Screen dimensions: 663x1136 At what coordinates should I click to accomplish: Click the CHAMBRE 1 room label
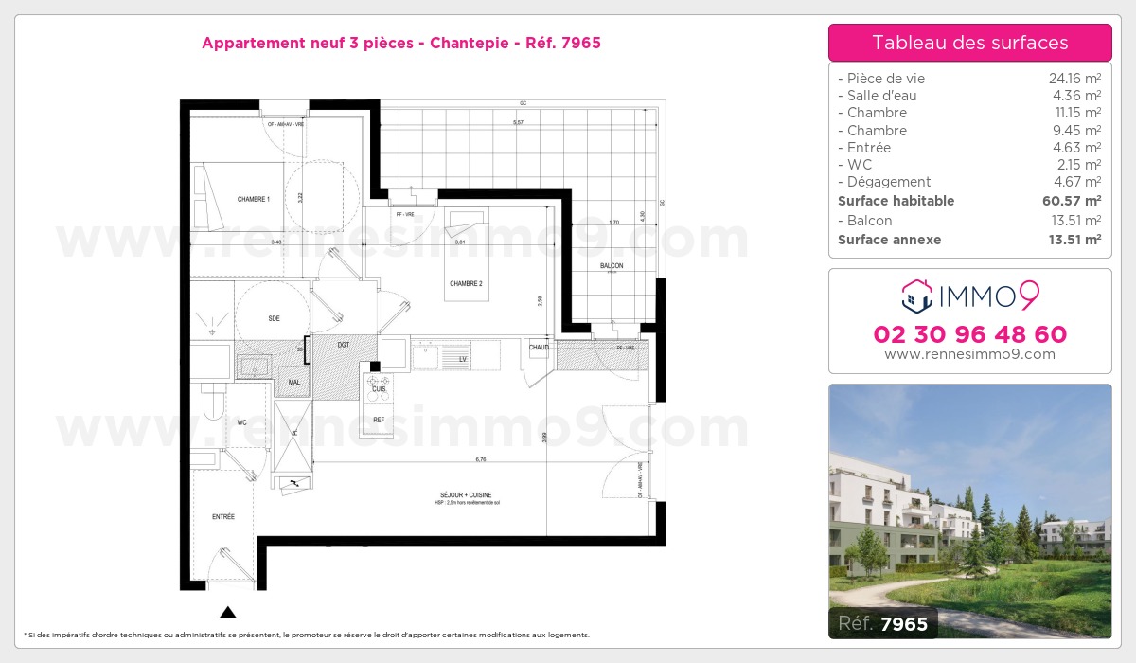point(254,199)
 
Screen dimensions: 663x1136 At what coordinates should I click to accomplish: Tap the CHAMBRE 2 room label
point(466,284)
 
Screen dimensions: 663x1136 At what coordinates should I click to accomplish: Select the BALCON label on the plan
point(612,266)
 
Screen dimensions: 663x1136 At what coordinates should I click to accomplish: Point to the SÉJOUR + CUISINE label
point(466,494)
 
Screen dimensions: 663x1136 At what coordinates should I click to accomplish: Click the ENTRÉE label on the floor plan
point(223,516)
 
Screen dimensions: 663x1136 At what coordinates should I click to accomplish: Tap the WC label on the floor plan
point(241,422)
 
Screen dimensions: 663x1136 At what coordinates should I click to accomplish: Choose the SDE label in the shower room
point(274,318)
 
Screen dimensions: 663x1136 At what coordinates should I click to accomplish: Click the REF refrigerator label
point(379,420)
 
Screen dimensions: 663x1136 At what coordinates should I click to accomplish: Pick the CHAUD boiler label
point(539,348)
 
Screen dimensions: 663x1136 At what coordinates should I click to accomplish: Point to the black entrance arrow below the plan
point(227,613)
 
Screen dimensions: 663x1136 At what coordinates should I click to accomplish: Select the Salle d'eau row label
point(881,96)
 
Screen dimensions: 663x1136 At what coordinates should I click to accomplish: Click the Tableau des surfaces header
point(969,43)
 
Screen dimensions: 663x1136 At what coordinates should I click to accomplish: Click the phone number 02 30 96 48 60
point(969,334)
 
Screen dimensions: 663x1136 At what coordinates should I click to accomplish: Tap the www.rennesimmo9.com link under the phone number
point(969,354)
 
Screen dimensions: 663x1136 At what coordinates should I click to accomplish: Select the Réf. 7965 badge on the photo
point(883,623)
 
